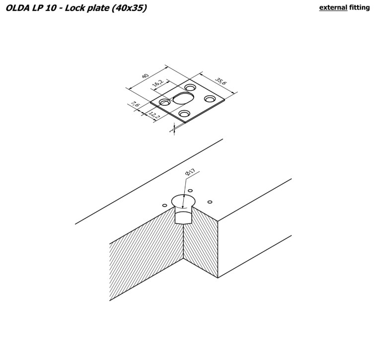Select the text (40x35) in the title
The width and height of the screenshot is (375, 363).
[129, 8]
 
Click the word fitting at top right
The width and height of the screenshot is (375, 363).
[361, 7]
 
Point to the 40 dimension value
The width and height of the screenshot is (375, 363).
[146, 76]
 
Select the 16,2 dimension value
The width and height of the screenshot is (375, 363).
[158, 84]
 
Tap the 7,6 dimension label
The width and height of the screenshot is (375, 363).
[135, 105]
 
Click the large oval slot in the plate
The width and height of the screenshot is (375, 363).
[183, 97]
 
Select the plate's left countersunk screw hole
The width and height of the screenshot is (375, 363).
[164, 102]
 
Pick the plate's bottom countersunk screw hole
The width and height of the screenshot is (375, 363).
[185, 114]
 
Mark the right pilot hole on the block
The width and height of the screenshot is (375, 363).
[210, 202]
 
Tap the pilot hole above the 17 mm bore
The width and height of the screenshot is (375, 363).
[190, 191]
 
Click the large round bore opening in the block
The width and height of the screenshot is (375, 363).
[183, 201]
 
